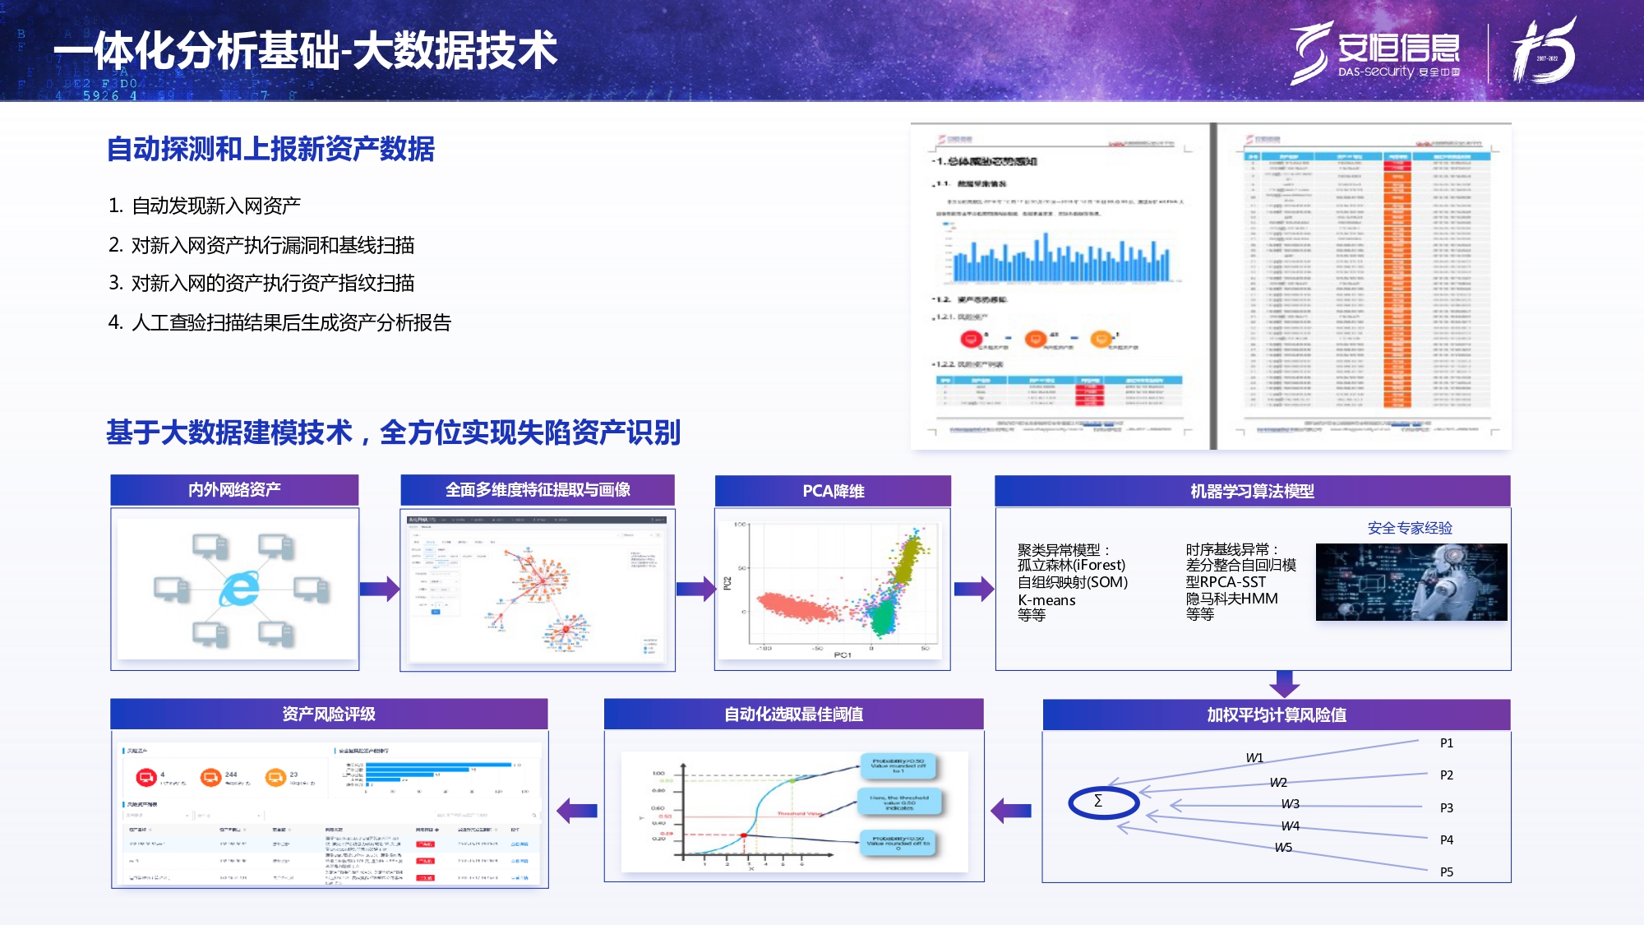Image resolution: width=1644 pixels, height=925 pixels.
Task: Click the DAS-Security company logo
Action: coord(1374,52)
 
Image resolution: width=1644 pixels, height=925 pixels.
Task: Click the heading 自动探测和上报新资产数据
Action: coord(270,149)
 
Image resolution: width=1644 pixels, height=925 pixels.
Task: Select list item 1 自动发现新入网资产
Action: coord(205,206)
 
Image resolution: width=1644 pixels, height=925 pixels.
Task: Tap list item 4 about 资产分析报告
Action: coord(280,322)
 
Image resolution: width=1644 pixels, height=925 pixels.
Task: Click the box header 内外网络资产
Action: coord(234,490)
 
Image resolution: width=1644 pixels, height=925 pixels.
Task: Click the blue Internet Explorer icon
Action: coord(239,589)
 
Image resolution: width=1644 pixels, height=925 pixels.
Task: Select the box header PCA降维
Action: coord(833,491)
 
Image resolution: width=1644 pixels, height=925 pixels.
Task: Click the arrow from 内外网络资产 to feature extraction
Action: coord(379,589)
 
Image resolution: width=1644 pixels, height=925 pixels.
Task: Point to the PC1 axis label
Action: coord(843,655)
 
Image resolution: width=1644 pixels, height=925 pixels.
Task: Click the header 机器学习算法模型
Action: coord(1252,491)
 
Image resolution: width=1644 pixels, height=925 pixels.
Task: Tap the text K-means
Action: coord(1046,600)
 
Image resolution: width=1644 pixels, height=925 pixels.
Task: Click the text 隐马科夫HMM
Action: coord(1231,599)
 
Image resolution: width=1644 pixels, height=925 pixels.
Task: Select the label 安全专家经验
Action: coord(1410,528)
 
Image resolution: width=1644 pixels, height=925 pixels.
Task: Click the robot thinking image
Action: coord(1411,581)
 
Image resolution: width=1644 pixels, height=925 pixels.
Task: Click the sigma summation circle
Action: coord(1102,802)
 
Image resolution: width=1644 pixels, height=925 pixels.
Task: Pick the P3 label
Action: coord(1447,807)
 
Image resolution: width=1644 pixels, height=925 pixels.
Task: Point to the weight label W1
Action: coord(1254,757)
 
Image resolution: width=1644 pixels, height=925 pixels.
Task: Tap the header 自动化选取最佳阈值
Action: coord(793,715)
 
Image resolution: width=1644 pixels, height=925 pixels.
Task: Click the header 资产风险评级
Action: coord(329,715)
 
